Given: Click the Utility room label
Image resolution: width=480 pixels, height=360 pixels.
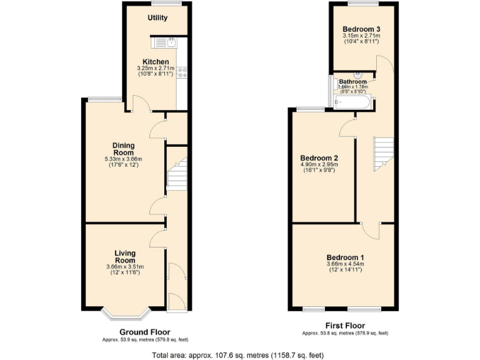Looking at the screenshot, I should click(157, 17).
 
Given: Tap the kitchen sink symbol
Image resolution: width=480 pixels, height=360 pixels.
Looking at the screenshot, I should click(166, 43).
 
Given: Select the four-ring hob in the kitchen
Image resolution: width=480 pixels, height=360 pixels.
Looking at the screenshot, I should click(183, 72).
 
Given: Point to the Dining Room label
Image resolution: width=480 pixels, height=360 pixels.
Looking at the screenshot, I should click(123, 149).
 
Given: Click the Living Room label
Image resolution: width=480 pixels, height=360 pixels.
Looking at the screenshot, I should click(125, 256).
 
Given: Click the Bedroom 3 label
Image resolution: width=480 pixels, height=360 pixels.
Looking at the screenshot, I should click(362, 29).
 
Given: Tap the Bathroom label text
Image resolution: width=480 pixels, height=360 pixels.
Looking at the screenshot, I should click(352, 82).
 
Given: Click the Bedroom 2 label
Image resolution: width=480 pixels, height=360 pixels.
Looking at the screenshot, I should click(319, 157).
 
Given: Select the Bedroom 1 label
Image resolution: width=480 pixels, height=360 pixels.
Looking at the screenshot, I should click(345, 257).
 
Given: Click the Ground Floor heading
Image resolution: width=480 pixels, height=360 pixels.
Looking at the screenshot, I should click(144, 332).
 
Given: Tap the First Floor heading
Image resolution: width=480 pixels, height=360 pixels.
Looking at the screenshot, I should click(345, 326).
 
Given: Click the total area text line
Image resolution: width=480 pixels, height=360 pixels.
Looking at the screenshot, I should click(237, 355).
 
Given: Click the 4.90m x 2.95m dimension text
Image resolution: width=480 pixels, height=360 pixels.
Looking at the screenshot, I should click(319, 165).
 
